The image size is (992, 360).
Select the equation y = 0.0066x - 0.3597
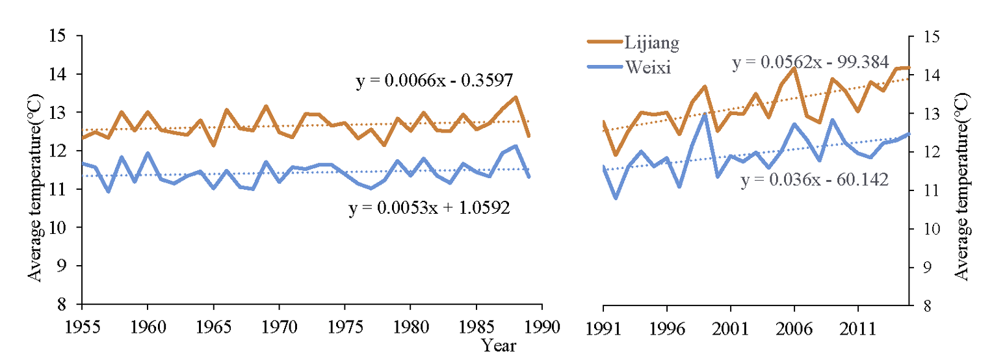435,81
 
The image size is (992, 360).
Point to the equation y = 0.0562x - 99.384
810,62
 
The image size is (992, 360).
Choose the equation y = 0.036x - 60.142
815,180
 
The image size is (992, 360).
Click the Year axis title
499,345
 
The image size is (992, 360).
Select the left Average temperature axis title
35,189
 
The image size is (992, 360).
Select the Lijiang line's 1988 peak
516,97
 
